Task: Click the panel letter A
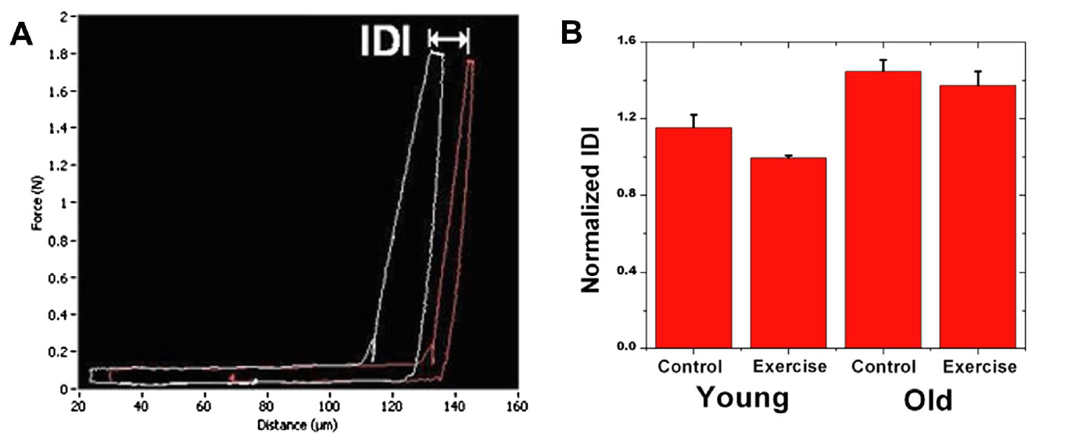click(x=21, y=34)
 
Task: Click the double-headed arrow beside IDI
click(x=449, y=38)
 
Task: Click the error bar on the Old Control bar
click(x=883, y=65)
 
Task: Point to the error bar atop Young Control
click(x=693, y=120)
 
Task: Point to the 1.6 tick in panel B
click(x=626, y=41)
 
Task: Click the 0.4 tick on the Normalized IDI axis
click(x=626, y=271)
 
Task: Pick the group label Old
click(x=928, y=401)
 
